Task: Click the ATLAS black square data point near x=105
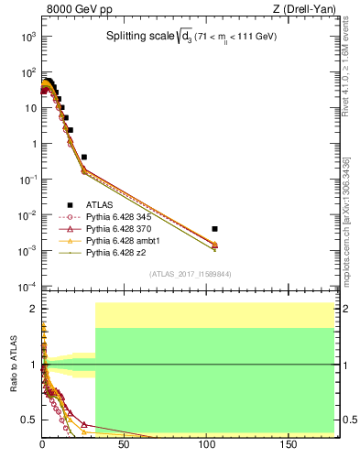(214, 228)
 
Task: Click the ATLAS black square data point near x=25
(84, 157)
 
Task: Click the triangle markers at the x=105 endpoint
(214, 245)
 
